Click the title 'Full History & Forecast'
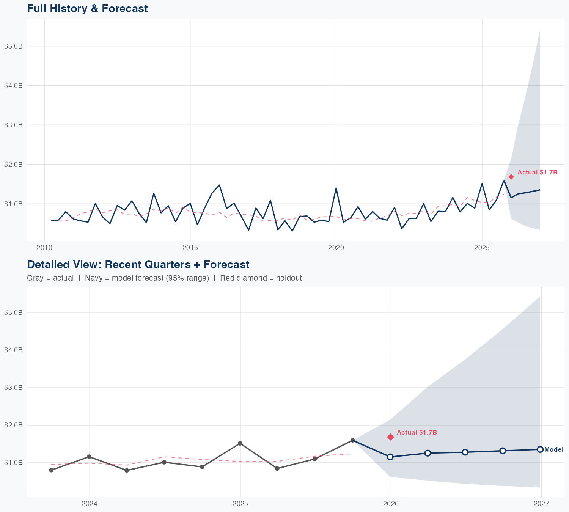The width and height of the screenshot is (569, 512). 87,8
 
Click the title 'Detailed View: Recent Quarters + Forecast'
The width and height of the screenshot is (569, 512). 138,264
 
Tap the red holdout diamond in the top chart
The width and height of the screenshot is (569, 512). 511,177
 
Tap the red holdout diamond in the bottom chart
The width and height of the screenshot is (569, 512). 390,437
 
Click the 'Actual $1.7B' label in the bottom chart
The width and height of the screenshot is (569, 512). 417,432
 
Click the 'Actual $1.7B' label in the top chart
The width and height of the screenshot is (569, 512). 538,172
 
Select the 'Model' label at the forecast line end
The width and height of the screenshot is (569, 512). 554,449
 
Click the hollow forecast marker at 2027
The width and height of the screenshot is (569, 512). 540,449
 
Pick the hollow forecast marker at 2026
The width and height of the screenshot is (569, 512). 390,457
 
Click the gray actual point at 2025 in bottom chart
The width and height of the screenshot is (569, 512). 240,443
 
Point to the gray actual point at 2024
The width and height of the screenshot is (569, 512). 89,457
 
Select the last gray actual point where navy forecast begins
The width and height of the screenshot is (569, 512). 352,440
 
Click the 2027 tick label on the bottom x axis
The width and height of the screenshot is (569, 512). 541,504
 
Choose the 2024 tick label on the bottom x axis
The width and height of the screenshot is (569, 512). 90,504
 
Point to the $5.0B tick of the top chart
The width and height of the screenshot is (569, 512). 13,46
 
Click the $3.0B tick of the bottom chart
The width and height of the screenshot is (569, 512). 13,387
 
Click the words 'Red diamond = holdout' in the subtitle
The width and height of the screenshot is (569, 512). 261,278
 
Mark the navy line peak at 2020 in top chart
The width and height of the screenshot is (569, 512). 336,188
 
